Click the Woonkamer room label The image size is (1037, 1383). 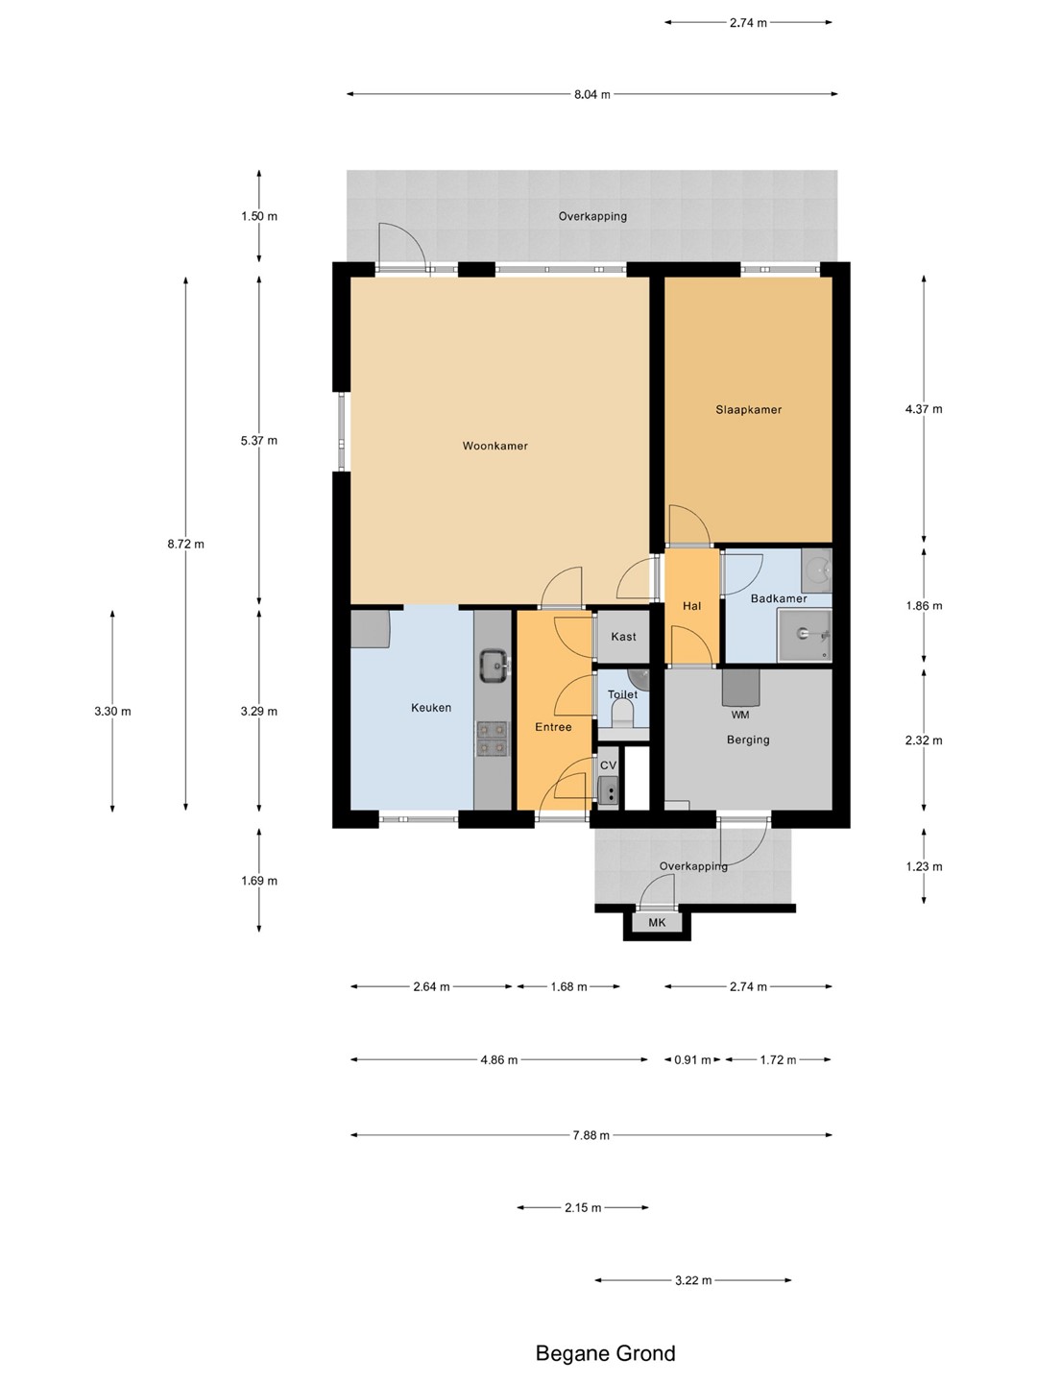tap(494, 446)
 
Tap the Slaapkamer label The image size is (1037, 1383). tap(749, 409)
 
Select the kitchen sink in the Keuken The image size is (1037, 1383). tap(494, 667)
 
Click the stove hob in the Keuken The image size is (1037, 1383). tap(493, 739)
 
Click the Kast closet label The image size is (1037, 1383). tap(623, 637)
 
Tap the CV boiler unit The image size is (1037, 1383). tap(608, 790)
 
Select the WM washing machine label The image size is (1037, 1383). tap(739, 715)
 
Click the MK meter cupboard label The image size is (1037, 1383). tap(657, 922)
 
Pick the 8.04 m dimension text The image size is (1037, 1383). tap(591, 94)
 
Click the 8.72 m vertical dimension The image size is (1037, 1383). tap(185, 544)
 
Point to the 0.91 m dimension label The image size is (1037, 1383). tap(692, 1059)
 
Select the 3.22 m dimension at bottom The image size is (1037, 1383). tap(693, 1280)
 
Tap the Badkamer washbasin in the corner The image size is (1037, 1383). tap(816, 563)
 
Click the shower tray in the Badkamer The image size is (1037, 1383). tap(805, 635)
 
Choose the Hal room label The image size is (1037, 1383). tap(691, 606)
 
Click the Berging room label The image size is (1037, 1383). tap(748, 740)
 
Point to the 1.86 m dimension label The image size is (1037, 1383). tap(924, 605)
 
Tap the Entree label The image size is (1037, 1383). tap(553, 727)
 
